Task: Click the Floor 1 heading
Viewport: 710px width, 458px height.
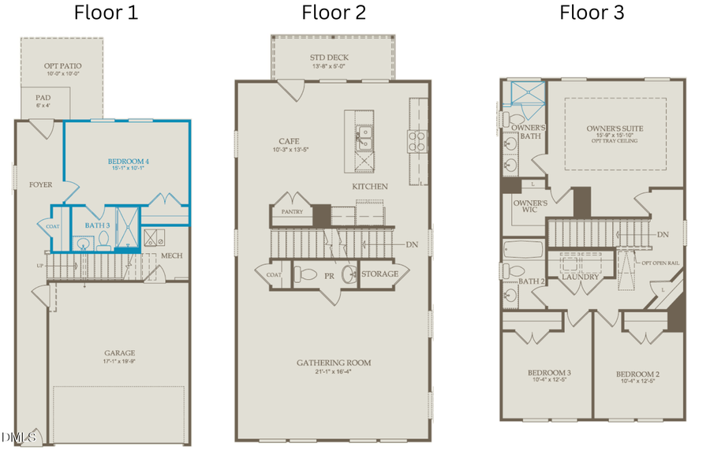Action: (x=106, y=13)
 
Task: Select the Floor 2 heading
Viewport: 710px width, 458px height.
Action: (x=334, y=13)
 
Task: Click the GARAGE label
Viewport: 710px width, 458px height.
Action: (x=120, y=353)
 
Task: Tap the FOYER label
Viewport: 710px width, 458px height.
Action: (x=41, y=185)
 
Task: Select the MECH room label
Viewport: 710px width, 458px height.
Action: (x=172, y=255)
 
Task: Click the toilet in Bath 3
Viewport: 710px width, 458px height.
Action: (x=103, y=243)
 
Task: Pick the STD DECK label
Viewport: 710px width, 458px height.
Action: (x=330, y=58)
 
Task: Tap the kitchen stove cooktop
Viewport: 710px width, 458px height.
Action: (x=417, y=141)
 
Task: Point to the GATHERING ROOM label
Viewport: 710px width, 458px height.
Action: (x=334, y=363)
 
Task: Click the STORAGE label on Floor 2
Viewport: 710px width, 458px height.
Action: (x=384, y=274)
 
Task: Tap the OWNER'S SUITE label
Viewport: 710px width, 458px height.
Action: (x=615, y=128)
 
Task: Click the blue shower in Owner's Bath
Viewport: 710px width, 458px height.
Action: (x=524, y=94)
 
